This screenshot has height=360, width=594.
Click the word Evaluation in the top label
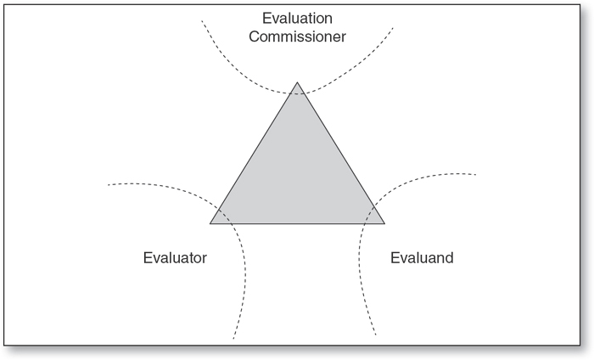(297, 17)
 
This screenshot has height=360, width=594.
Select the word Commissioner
(297, 37)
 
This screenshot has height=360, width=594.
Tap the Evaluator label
(175, 257)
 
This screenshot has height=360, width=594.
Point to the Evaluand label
(422, 257)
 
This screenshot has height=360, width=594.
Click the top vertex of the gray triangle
(297, 83)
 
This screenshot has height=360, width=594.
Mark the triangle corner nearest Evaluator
(211, 223)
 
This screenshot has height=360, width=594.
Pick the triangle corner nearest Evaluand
(384, 223)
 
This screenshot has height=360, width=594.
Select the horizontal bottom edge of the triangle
(297, 223)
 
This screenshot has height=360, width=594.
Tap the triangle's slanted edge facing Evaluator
(254, 154)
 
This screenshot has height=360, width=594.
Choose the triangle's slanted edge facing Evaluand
(340, 154)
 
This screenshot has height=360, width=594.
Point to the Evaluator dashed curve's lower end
(233, 338)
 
